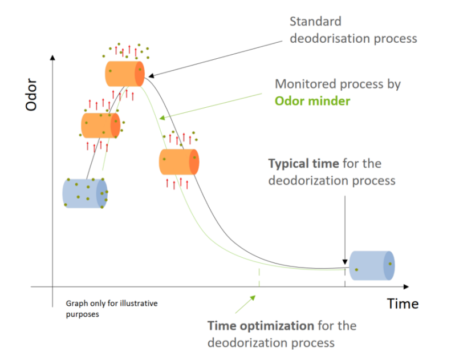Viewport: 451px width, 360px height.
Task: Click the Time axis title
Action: pos(403,304)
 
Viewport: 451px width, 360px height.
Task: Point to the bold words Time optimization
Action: pos(261,326)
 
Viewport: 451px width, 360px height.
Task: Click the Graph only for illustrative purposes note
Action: pos(111,309)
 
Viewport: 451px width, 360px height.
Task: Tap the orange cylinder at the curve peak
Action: pos(125,73)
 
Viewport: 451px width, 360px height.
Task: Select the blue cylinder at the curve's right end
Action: pos(372,265)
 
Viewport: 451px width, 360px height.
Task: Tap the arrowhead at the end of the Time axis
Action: pos(407,285)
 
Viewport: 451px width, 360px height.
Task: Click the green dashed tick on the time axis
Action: pos(259,278)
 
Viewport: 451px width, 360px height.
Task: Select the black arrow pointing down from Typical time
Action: pos(345,228)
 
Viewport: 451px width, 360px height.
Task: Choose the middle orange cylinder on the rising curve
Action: pos(100,126)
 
